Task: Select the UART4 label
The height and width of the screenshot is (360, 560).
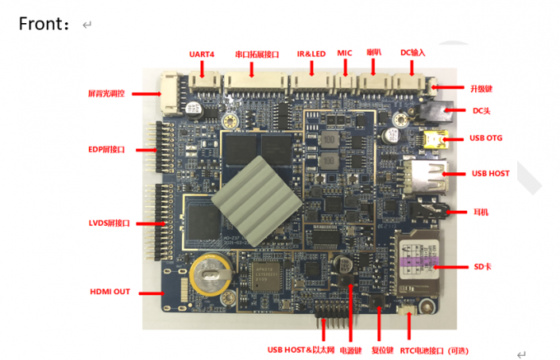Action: (x=202, y=54)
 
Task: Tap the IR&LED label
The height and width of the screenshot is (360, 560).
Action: (x=311, y=54)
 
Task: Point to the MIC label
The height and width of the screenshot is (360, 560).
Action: (x=344, y=54)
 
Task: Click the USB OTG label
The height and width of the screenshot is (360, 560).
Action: (x=486, y=138)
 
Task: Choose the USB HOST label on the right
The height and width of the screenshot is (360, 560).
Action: (x=490, y=174)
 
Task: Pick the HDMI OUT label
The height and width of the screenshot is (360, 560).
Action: (x=110, y=292)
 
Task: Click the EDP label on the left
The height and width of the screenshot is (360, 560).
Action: (x=106, y=150)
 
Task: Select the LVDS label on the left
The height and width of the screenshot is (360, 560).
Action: (x=109, y=223)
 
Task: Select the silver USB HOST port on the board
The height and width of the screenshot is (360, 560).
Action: (x=425, y=174)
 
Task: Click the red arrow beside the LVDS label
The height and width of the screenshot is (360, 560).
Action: (x=153, y=223)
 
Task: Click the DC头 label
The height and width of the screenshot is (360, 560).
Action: (x=482, y=110)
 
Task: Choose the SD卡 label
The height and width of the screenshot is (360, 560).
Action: (x=482, y=268)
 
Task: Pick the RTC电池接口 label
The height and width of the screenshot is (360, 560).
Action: (x=436, y=349)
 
